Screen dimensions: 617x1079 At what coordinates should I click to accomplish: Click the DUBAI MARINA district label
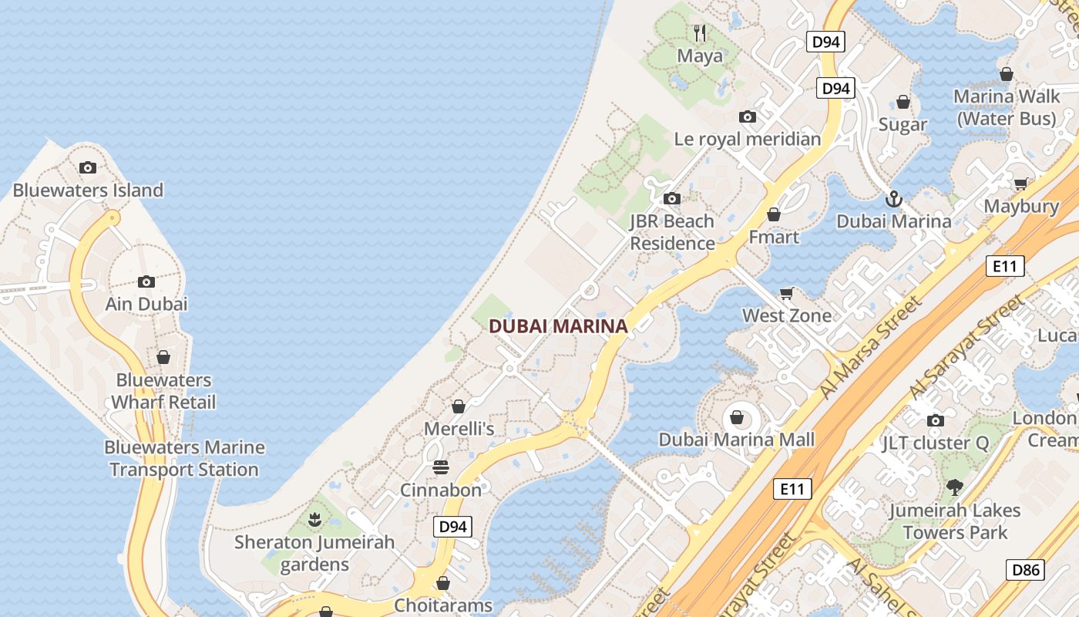[558, 326]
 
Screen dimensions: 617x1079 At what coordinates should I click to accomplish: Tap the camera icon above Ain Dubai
[146, 282]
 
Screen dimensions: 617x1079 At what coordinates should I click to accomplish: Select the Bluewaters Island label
[88, 190]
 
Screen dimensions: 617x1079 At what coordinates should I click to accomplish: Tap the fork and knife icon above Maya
[700, 33]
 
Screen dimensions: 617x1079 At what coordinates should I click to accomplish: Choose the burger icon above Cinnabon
[441, 467]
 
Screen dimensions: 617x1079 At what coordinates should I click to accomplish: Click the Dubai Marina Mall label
[736, 440]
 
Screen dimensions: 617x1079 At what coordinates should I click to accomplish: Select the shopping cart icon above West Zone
[786, 293]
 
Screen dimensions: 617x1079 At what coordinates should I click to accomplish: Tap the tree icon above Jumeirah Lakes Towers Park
[955, 487]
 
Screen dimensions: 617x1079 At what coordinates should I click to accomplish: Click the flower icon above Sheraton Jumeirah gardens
[314, 520]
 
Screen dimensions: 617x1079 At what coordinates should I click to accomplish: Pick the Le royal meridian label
[748, 140]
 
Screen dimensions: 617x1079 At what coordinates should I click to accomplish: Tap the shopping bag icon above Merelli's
[459, 406]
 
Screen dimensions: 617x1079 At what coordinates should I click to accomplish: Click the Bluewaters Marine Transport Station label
[184, 458]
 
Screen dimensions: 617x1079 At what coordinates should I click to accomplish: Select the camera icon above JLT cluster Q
[936, 420]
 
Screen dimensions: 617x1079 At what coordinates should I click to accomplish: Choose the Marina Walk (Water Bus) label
[1006, 107]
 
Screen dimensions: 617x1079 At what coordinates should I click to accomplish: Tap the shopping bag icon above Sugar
[903, 102]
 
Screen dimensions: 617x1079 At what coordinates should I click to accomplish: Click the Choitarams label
[443, 605]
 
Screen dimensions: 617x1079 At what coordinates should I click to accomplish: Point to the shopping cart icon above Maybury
[1021, 184]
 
